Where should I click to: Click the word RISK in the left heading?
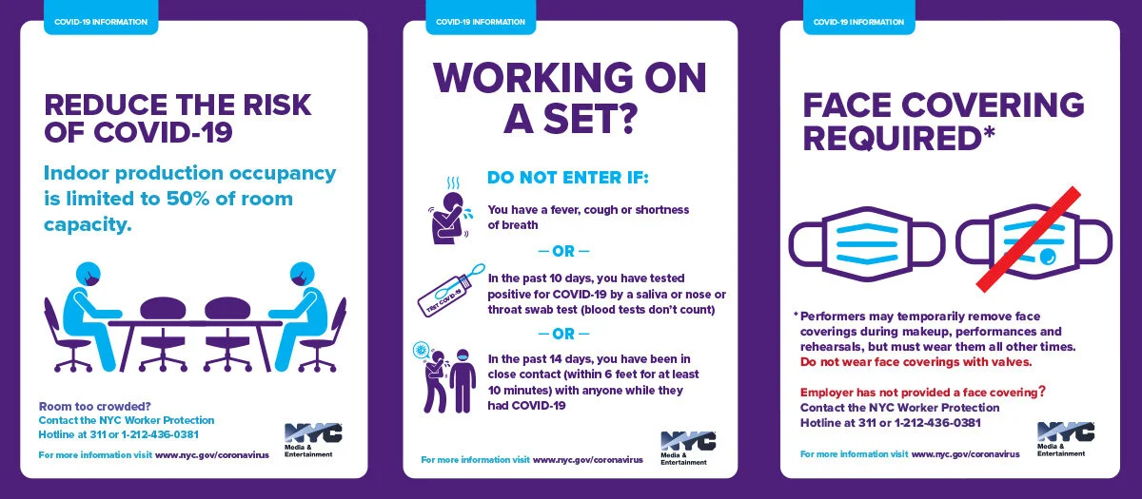tap(276, 105)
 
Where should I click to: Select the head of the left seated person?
tap(89, 276)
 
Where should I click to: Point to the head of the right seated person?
tap(303, 276)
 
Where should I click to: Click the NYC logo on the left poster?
tap(313, 432)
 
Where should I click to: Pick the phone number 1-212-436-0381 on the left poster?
tap(160, 435)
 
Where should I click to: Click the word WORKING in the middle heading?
tap(533, 78)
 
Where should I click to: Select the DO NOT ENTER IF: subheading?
tap(568, 178)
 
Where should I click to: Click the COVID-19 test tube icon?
tap(450, 290)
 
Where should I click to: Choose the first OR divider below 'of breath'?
tap(563, 251)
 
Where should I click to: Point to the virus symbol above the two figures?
tap(421, 350)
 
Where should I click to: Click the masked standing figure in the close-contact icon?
tap(463, 380)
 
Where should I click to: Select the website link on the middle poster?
tap(588, 460)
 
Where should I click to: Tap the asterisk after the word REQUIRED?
tap(989, 132)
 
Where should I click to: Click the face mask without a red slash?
tap(867, 244)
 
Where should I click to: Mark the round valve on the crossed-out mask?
tap(1048, 256)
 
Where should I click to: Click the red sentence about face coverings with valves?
tap(916, 362)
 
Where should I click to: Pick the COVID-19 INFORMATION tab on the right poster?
tap(858, 22)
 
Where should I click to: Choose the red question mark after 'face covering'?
tap(1042, 391)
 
